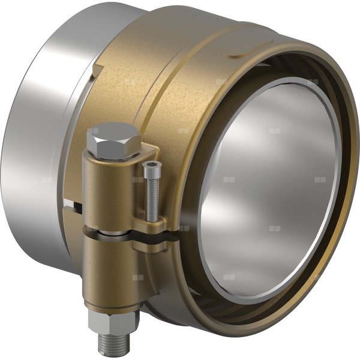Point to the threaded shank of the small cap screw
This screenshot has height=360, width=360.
coord(151,198)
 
